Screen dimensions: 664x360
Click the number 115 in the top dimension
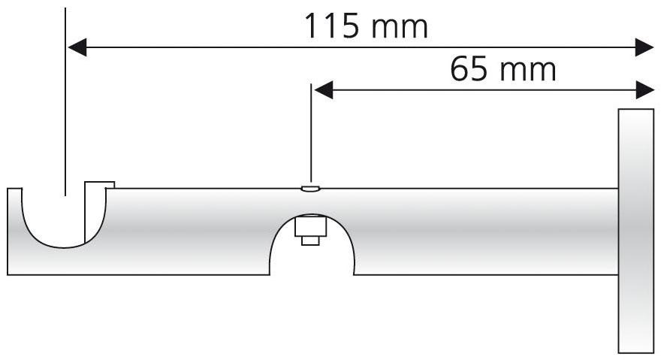[332, 26]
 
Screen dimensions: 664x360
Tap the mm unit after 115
[400, 29]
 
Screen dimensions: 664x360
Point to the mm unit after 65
[528, 71]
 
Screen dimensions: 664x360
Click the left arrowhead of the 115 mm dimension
[77, 47]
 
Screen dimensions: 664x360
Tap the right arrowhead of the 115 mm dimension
[644, 47]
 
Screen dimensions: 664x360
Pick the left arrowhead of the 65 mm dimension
[324, 90]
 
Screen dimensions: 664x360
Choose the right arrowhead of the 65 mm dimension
[645, 90]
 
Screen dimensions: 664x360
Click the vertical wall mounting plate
[635, 231]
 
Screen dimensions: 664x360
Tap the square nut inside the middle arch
[310, 225]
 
